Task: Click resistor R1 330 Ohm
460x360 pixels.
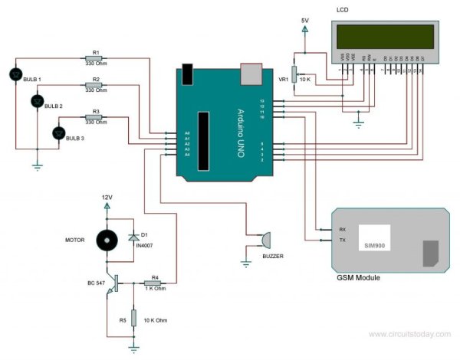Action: click(x=96, y=58)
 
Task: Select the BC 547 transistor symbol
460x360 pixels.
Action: click(x=112, y=283)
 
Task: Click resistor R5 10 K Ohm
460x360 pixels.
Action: click(x=133, y=317)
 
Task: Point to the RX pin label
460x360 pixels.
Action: click(x=343, y=229)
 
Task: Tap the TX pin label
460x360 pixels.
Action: click(x=343, y=240)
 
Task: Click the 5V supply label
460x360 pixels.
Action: click(x=304, y=21)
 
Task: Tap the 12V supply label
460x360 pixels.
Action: click(x=107, y=197)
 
